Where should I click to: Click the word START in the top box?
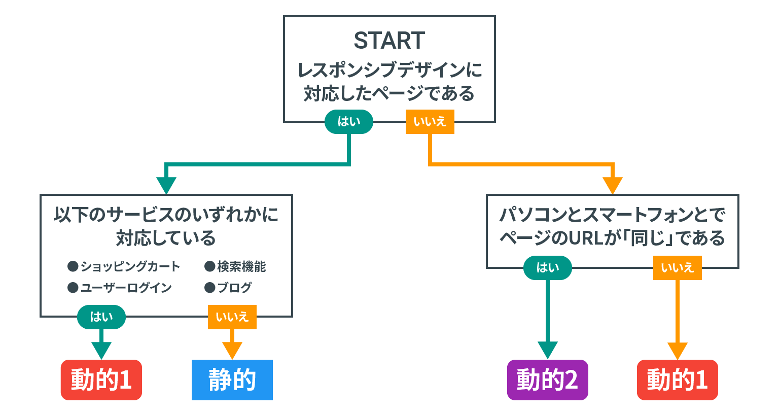389,41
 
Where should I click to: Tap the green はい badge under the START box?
349,122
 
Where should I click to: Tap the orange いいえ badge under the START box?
430,122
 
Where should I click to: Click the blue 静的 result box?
232,380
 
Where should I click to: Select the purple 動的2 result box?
547,380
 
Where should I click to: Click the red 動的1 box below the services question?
101,380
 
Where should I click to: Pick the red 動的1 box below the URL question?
677,380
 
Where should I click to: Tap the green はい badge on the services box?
101,317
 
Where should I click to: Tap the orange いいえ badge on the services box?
232,317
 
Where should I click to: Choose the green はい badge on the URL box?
547,268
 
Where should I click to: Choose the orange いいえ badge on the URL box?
677,268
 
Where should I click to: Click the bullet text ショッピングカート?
130,267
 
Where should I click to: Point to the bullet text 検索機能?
241,267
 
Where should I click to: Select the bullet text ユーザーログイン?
126,288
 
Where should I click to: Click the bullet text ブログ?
234,288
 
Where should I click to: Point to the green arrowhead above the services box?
166,185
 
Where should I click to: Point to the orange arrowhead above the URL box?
613,185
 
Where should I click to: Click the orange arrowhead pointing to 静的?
232,350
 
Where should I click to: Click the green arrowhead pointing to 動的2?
547,350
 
